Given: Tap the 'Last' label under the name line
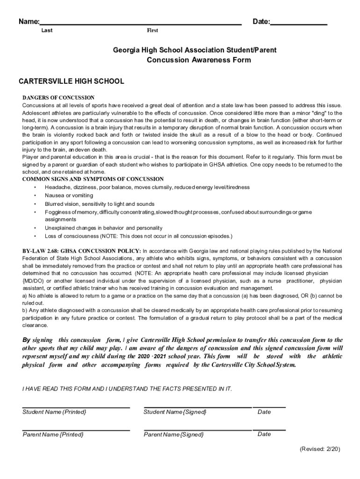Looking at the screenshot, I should click(47, 31).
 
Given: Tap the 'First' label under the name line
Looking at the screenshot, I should click(152, 31).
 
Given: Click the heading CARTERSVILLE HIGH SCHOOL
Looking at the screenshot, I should click(71, 81).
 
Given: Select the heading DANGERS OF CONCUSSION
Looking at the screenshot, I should click(58, 98).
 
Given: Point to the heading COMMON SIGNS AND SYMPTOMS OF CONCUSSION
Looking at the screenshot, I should click(93, 179).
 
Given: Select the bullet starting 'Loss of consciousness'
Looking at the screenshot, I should click(138, 236).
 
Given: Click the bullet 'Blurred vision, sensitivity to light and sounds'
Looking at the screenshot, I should click(100, 204).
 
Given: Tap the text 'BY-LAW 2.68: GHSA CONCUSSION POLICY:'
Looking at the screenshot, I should click(82, 251).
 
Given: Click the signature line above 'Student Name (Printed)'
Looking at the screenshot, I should click(76, 407).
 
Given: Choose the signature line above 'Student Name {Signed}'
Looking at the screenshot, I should click(197, 407).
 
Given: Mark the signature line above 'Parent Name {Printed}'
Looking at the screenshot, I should click(76, 430).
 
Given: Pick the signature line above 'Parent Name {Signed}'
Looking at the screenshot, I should click(197, 430).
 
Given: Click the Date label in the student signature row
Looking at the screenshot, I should click(264, 412).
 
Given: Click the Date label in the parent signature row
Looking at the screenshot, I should click(264, 434).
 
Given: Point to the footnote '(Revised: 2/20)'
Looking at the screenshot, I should click(320, 449).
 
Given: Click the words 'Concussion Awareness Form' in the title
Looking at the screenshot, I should click(199, 60).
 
